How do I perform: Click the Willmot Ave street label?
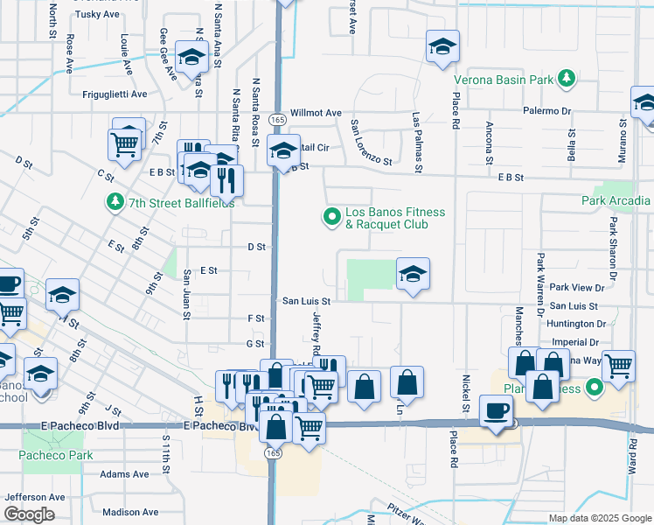point(316,113)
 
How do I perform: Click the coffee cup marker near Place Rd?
point(497,410)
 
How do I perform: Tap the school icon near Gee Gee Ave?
point(191,58)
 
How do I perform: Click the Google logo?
point(28,514)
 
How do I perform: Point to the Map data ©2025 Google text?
point(599,518)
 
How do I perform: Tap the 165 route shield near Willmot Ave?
point(277,119)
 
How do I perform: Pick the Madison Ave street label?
point(129,512)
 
